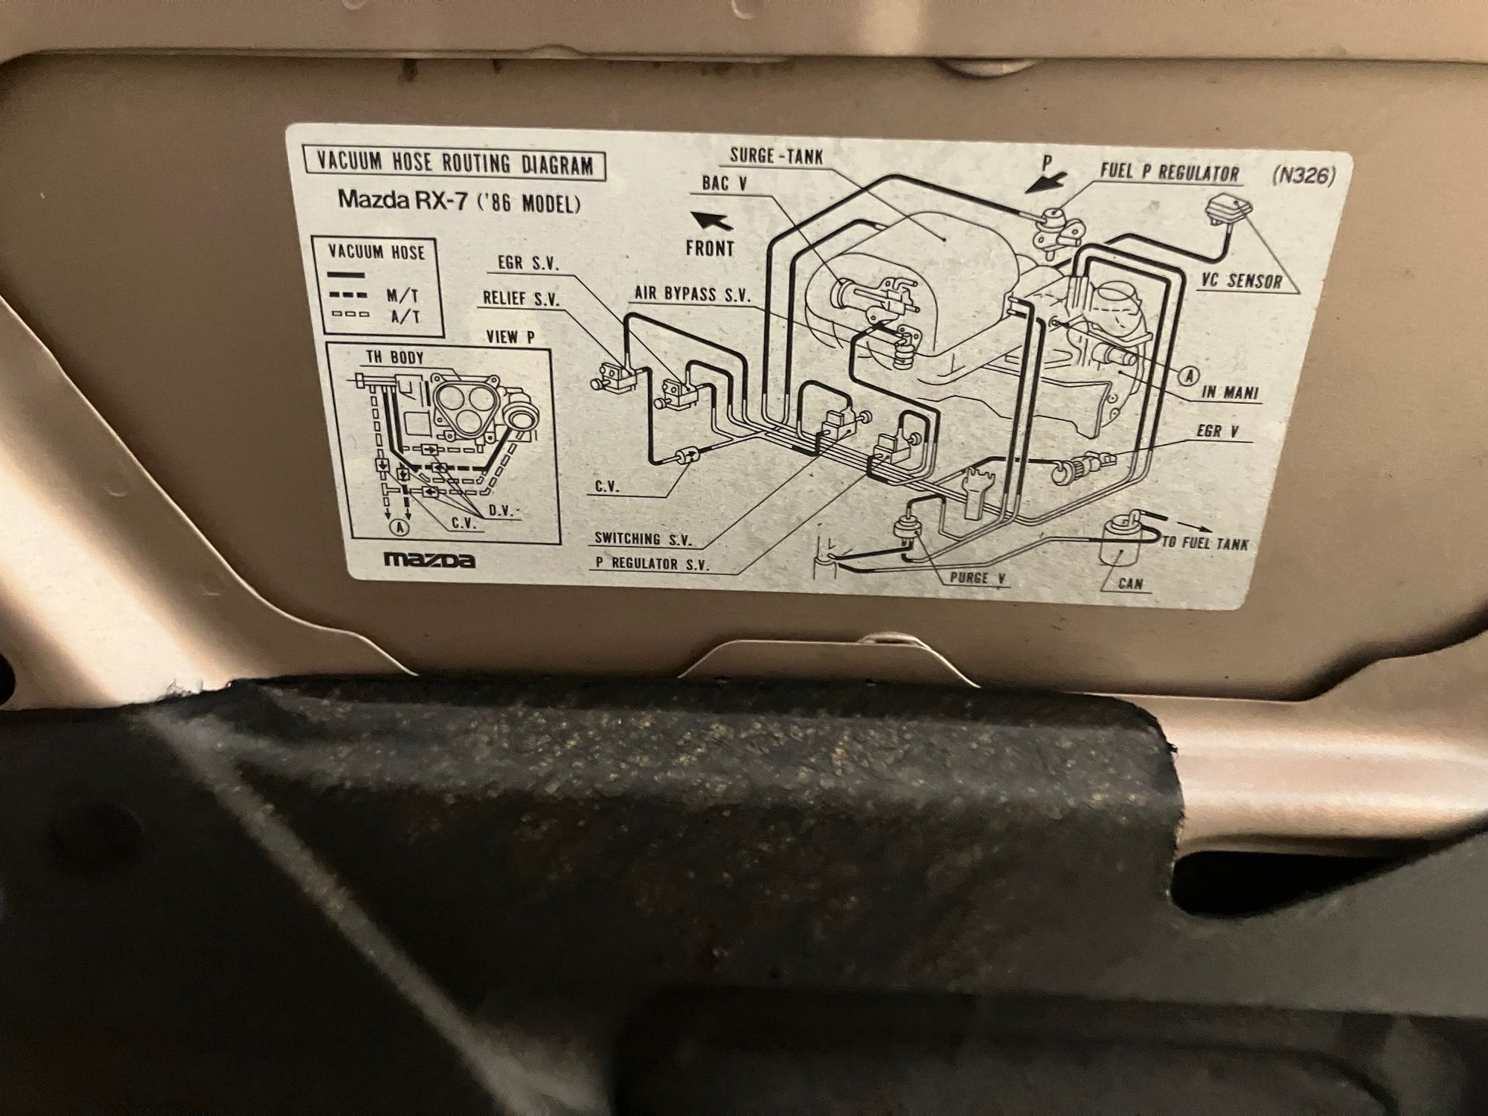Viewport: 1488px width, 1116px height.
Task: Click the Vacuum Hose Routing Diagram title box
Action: pyautogui.click(x=453, y=164)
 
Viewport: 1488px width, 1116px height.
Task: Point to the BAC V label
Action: pyautogui.click(x=723, y=182)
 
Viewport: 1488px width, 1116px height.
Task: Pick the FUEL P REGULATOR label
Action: pyautogui.click(x=1170, y=173)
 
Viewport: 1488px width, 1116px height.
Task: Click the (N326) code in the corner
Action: pyautogui.click(x=1303, y=176)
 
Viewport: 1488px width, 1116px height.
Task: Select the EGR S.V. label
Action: pyautogui.click(x=528, y=264)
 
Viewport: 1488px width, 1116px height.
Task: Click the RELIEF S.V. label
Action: pyautogui.click(x=522, y=298)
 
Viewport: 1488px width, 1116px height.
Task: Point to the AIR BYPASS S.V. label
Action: pyautogui.click(x=691, y=294)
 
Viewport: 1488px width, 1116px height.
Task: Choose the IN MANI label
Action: pyautogui.click(x=1231, y=393)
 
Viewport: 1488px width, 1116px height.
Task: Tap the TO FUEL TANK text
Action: pyautogui.click(x=1205, y=543)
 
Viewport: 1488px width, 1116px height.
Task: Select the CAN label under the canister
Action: pyautogui.click(x=1130, y=584)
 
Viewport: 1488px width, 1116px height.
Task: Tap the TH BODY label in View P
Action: pyautogui.click(x=394, y=357)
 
